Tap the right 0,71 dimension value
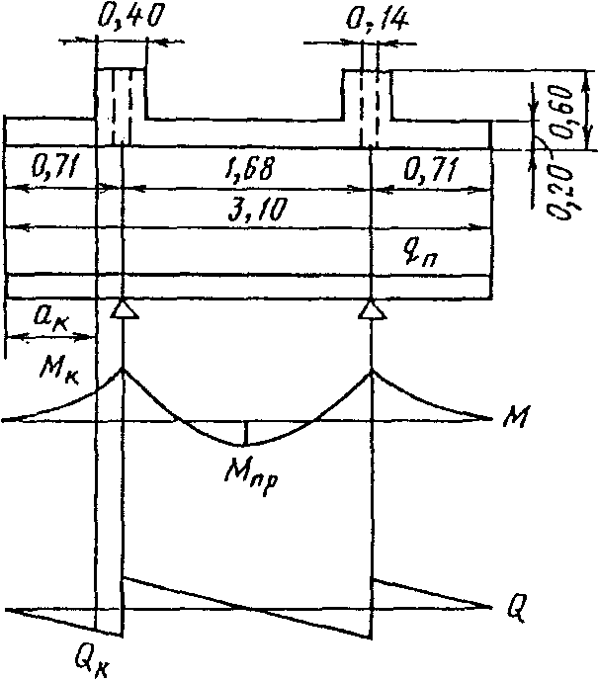[x=433, y=171]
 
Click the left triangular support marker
[x=123, y=309]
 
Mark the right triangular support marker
[x=372, y=310]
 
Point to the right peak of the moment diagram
[x=372, y=370]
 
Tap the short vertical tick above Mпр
[x=246, y=433]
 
